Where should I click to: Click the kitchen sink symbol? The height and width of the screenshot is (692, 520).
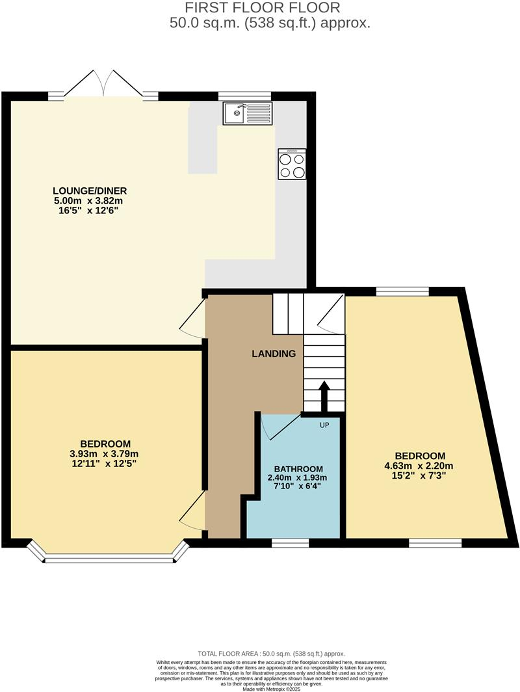pyautogui.click(x=247, y=114)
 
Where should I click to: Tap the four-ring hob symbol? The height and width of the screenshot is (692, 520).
pyautogui.click(x=292, y=164)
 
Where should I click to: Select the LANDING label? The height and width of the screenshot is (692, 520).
pyautogui.click(x=274, y=354)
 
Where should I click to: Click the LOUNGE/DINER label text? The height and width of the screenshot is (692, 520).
pyautogui.click(x=90, y=191)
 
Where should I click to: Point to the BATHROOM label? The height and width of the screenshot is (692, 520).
pyautogui.click(x=298, y=469)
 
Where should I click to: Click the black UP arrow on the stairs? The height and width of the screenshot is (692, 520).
pyautogui.click(x=323, y=393)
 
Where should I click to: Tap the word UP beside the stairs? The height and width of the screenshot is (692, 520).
pyautogui.click(x=325, y=425)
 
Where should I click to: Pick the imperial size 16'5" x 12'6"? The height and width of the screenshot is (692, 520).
pyautogui.click(x=90, y=211)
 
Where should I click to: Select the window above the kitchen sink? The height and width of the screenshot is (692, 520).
pyautogui.click(x=244, y=96)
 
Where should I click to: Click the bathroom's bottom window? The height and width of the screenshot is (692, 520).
pyautogui.click(x=290, y=542)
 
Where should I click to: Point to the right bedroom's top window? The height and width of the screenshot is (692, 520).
pyautogui.click(x=402, y=291)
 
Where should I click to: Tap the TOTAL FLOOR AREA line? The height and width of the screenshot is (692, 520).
pyautogui.click(x=272, y=654)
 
